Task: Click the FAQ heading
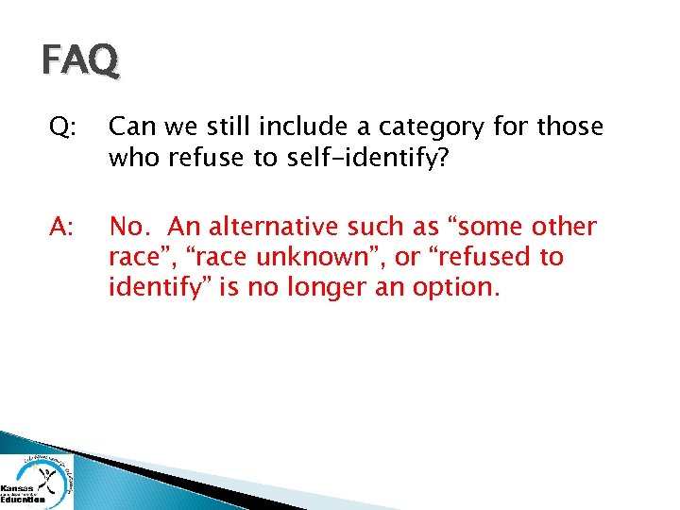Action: tap(80, 61)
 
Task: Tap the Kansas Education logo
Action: tap(36, 481)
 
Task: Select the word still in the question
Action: tap(225, 127)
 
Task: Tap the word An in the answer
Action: tap(185, 228)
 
